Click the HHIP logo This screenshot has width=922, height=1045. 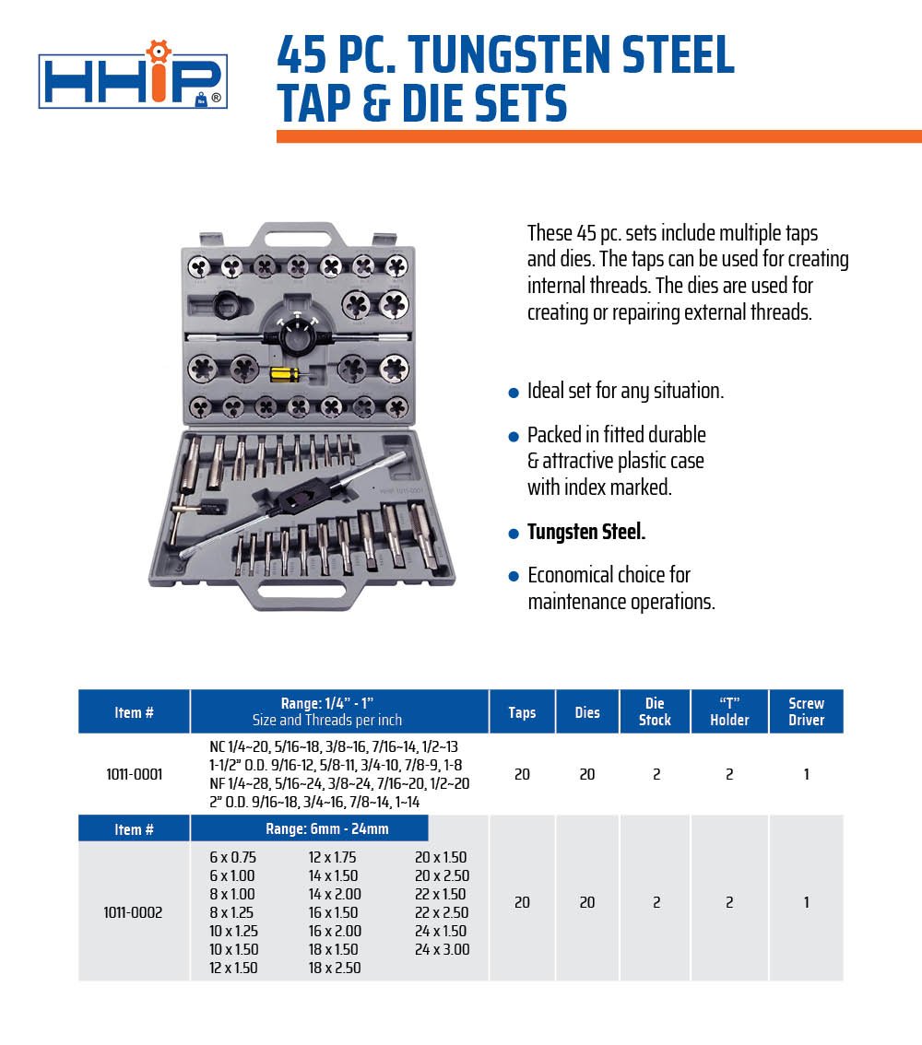click(132, 81)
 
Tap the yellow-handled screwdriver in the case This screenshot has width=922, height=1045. click(284, 374)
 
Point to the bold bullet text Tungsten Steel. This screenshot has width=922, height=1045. click(585, 533)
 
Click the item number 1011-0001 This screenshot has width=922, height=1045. click(135, 774)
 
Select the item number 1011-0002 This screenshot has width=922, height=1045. click(135, 912)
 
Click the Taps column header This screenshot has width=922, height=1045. click(522, 712)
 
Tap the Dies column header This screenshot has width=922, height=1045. click(587, 712)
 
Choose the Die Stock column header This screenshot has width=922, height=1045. click(655, 711)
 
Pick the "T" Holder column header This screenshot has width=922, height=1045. click(729, 711)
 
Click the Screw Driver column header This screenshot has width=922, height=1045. click(806, 711)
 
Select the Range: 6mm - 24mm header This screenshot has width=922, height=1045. click(327, 828)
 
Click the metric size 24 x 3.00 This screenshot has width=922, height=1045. click(442, 949)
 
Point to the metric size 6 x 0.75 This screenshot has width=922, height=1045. click(232, 857)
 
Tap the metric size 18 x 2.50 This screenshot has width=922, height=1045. click(335, 968)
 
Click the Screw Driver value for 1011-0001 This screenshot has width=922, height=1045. click(806, 774)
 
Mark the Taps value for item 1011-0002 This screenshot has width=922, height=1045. click(522, 903)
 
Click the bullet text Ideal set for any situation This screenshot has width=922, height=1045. click(625, 391)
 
